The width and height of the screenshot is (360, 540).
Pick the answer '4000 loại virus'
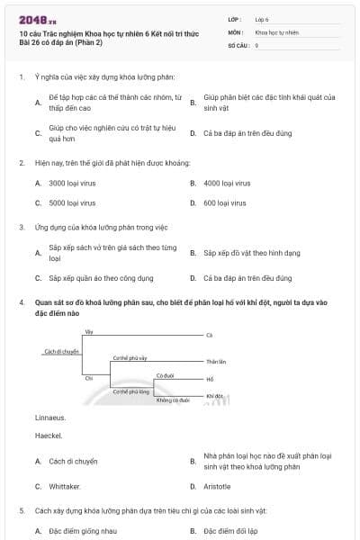(x=226, y=183)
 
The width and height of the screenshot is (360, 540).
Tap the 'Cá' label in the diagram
(x=209, y=336)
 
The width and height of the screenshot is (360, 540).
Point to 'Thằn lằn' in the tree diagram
(x=214, y=362)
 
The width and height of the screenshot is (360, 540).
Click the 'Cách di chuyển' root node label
(x=62, y=352)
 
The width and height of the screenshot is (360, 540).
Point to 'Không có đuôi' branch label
(x=173, y=400)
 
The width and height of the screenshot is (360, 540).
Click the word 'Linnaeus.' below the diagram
(x=50, y=418)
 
